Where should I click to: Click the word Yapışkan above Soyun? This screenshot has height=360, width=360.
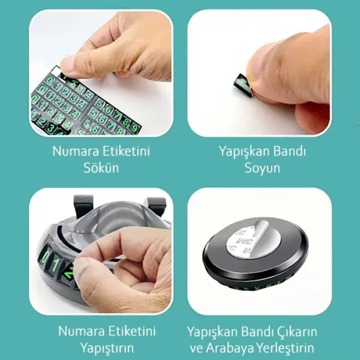tap(241, 152)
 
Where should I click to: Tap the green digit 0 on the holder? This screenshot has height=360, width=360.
tap(47, 256)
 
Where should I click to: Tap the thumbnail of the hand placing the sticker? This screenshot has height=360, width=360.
tap(101, 251)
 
